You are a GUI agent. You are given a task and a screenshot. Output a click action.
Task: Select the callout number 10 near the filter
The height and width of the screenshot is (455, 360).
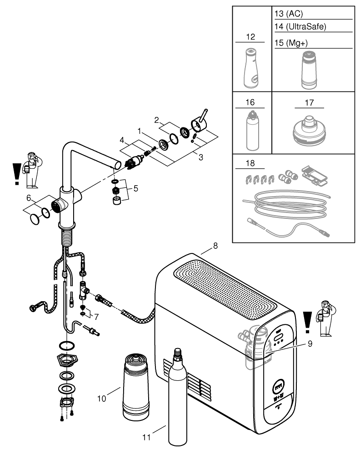(102, 398)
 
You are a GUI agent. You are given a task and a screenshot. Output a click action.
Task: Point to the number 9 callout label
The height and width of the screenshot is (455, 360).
(310, 344)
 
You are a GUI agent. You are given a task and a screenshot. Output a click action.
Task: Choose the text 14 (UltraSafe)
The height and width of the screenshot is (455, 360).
(300, 26)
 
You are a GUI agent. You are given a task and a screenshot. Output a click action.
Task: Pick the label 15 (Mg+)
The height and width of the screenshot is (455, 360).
(291, 42)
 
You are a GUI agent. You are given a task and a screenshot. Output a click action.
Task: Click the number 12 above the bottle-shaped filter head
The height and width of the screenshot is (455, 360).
(250, 36)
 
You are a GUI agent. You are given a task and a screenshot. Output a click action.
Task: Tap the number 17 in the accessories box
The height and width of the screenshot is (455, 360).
(309, 103)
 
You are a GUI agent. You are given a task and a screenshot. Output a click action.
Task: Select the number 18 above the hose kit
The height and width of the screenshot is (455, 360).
(250, 163)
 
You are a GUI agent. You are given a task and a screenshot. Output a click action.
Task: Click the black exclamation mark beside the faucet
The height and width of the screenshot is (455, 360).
(17, 173)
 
